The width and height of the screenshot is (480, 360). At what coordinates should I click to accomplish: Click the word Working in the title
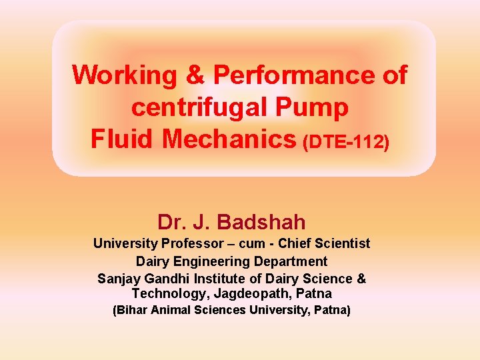(125, 75)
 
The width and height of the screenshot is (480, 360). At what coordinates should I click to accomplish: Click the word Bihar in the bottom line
(132, 310)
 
